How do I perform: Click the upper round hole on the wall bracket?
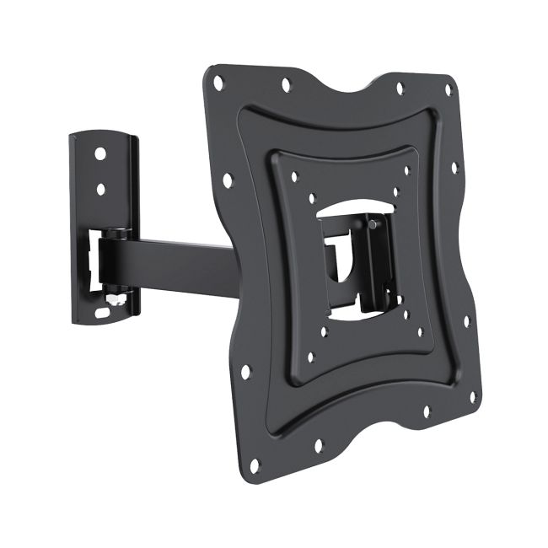point(100,155)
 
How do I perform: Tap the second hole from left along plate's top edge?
point(286,83)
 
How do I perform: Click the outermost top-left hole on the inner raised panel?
point(294,178)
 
